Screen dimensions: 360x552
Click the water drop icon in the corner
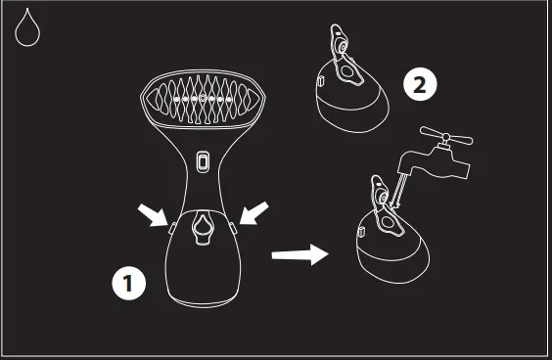pyautogui.click(x=28, y=29)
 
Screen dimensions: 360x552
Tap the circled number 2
pyautogui.click(x=418, y=85)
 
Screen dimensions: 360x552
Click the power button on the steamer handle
pyautogui.click(x=203, y=160)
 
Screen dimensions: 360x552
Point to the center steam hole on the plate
pyautogui.click(x=204, y=100)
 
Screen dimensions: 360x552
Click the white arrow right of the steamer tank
pyautogui.click(x=253, y=213)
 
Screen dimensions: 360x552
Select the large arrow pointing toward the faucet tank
pyautogui.click(x=300, y=255)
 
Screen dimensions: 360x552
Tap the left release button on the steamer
pyautogui.click(x=170, y=226)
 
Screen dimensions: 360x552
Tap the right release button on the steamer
pyautogui.click(x=236, y=226)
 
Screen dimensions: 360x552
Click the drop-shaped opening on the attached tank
pyautogui.click(x=203, y=227)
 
